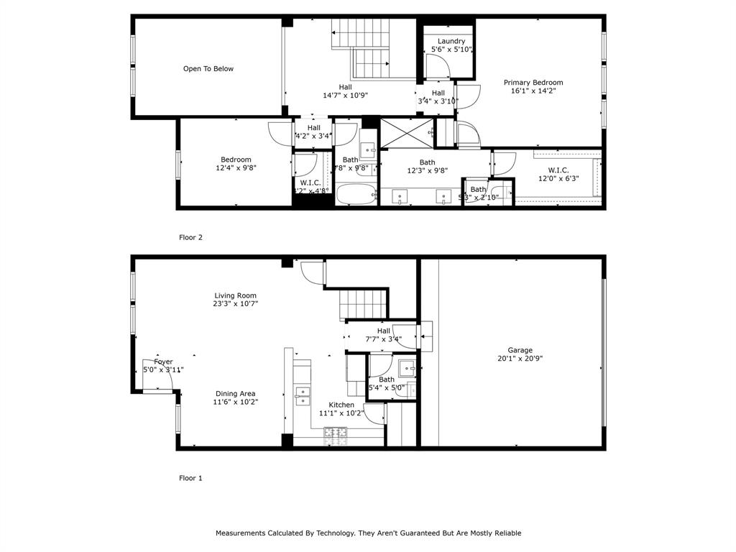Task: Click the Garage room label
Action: (520, 350)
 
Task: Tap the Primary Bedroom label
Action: (533, 83)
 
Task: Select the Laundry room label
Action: (451, 41)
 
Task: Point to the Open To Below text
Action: (208, 69)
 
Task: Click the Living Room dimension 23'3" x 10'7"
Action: (235, 304)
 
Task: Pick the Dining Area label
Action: (235, 393)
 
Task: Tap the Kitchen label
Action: (341, 405)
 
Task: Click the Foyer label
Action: (163, 362)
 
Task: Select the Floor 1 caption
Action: (190, 477)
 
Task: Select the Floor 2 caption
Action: (190, 236)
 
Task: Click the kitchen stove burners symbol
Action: (336, 432)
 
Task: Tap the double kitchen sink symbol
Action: (302, 394)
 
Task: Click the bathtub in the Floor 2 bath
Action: (356, 195)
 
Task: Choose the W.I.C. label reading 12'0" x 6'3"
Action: (558, 178)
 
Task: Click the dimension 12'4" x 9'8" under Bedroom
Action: (236, 168)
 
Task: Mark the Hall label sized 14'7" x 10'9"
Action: (345, 95)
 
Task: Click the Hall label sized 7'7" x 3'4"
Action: (383, 339)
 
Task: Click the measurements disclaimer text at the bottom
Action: (368, 533)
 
